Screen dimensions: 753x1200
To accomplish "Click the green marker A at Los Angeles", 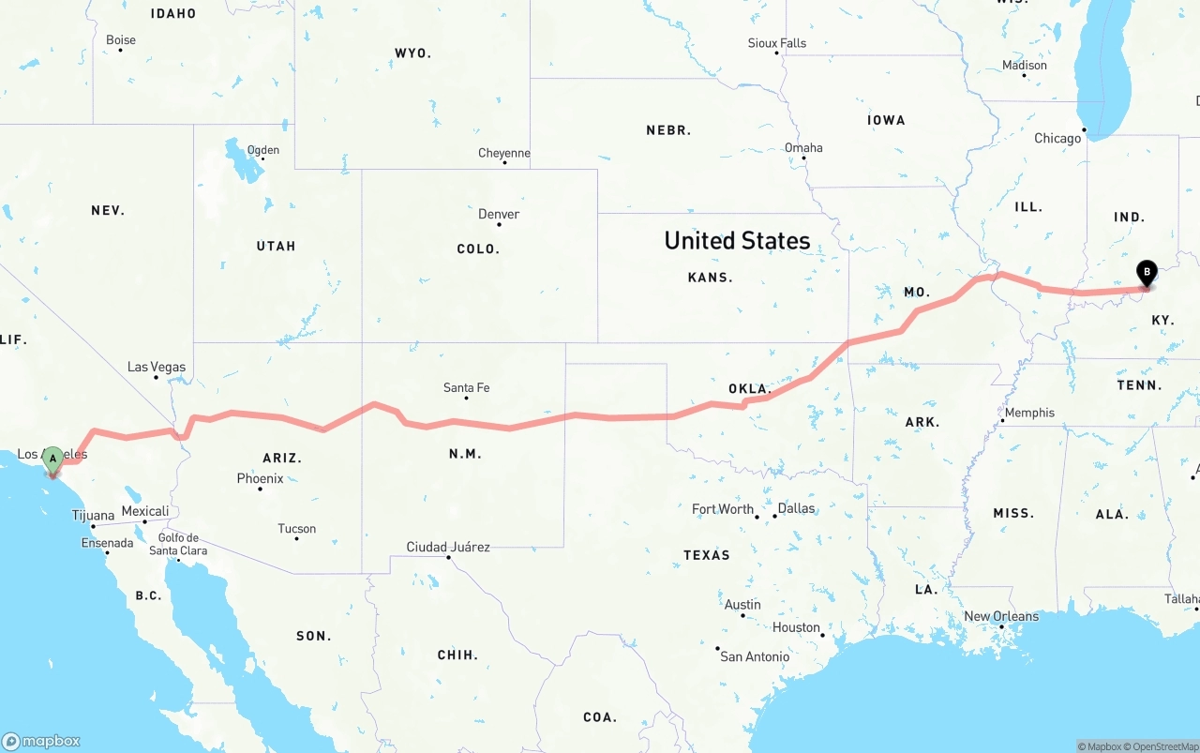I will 53,459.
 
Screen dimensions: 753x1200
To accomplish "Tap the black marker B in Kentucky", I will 1146,273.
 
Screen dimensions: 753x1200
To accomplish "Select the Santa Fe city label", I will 466,387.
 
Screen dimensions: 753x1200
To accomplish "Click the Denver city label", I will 499,214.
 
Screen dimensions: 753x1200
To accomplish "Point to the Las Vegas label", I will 157,367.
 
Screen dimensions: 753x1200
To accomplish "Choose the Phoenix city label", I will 260,478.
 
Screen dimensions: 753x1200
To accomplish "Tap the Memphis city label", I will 1029,413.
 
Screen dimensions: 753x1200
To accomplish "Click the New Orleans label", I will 1001,616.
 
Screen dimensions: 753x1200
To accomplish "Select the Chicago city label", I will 1057,138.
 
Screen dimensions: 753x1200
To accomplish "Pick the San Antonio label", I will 755,656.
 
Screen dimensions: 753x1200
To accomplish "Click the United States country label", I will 737,240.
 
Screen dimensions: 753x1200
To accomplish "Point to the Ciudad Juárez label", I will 448,547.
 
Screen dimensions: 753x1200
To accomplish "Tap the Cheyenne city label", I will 504,153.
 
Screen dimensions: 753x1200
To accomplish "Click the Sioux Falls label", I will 776,43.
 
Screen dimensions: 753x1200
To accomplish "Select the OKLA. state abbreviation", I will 749,388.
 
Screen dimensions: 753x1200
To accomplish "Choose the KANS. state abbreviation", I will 711,278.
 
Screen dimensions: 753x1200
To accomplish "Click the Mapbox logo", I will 41,741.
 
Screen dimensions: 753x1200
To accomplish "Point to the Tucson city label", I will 297,529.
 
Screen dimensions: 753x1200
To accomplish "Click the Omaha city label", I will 803,147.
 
